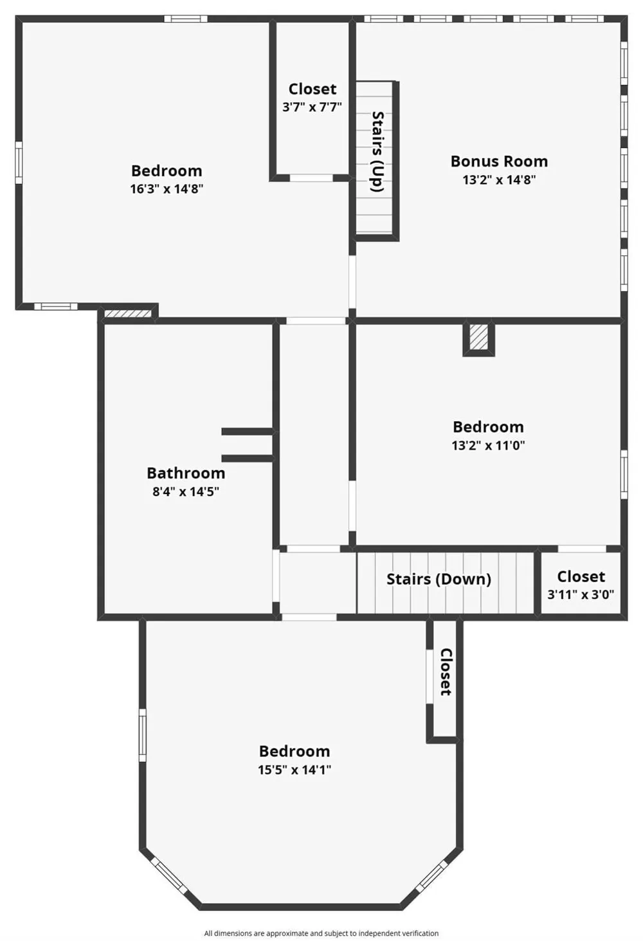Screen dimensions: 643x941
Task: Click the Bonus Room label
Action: pyautogui.click(x=499, y=161)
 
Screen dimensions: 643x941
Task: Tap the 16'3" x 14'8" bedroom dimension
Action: pyautogui.click(x=167, y=189)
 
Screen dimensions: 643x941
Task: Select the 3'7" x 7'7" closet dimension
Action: pyautogui.click(x=312, y=107)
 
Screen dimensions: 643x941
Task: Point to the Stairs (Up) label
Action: pyautogui.click(x=378, y=152)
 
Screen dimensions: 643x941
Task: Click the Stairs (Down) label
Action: pyautogui.click(x=439, y=580)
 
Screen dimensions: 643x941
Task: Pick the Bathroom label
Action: pyautogui.click(x=186, y=473)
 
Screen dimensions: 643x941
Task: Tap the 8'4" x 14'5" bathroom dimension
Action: pyautogui.click(x=186, y=491)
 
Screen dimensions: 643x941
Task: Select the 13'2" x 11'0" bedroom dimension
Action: pyautogui.click(x=489, y=445)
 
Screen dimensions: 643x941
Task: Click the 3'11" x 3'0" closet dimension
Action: pyautogui.click(x=581, y=594)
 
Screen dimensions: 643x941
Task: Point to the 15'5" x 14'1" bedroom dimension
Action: pyautogui.click(x=294, y=770)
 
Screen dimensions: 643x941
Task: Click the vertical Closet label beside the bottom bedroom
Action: pyautogui.click(x=446, y=672)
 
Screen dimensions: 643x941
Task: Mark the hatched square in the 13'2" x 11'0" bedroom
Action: pyautogui.click(x=479, y=337)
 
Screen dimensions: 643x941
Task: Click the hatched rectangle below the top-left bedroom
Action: pyautogui.click(x=128, y=314)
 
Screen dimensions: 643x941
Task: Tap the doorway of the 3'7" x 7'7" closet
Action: pyautogui.click(x=311, y=178)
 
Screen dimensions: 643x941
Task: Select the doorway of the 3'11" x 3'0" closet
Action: pyautogui.click(x=582, y=549)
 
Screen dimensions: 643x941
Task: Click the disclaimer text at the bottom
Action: pyautogui.click(x=321, y=933)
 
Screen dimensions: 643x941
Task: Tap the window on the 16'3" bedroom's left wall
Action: pyautogui.click(x=19, y=163)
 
